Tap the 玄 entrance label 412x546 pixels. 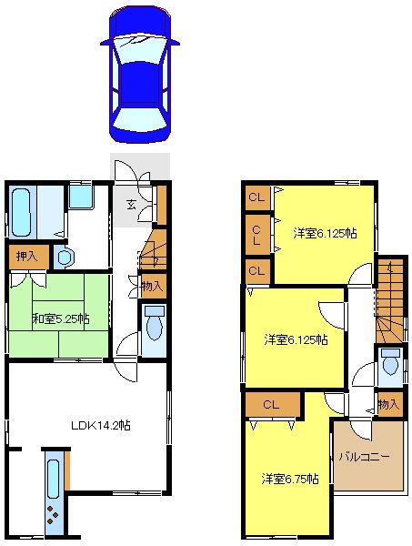(x=132, y=203)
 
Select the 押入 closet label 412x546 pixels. (x=26, y=257)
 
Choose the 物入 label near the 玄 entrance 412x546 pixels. (x=153, y=286)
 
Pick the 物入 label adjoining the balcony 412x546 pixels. (x=387, y=403)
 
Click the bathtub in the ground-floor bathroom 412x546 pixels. (x=22, y=211)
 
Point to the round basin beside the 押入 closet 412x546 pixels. (x=63, y=257)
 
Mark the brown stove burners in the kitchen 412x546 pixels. (x=53, y=514)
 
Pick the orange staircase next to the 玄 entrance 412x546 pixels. (x=154, y=248)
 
